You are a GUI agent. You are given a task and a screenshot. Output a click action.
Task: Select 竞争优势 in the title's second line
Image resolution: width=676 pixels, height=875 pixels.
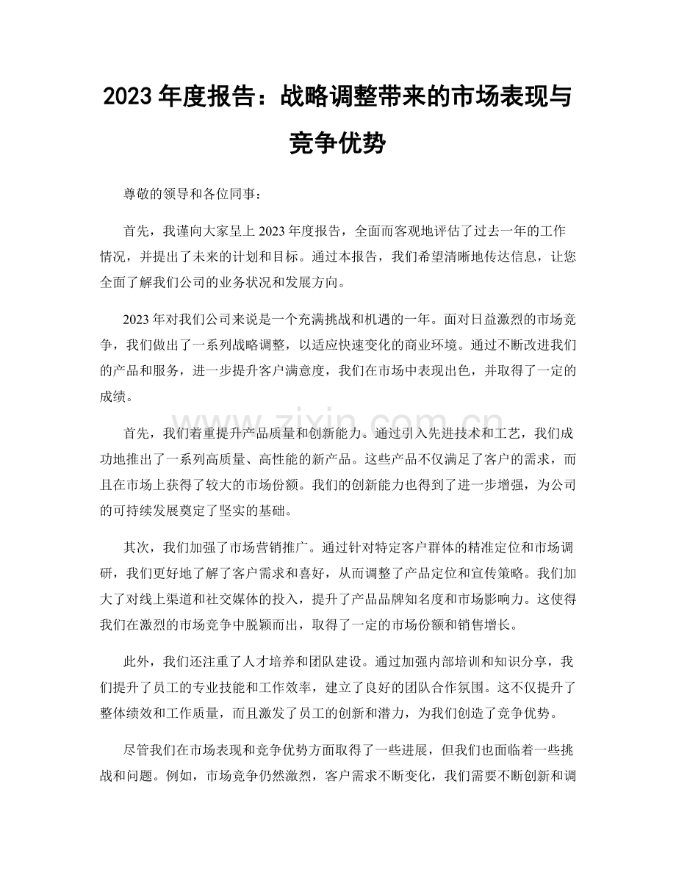[x=337, y=142]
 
